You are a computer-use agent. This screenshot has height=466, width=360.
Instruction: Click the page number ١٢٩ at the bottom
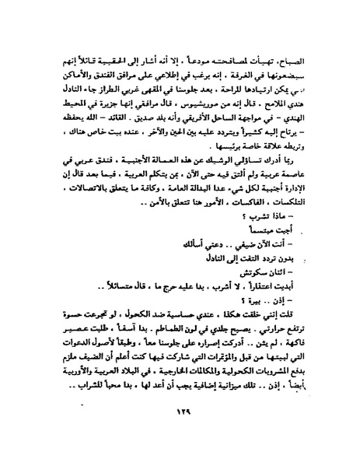click(x=181, y=434)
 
